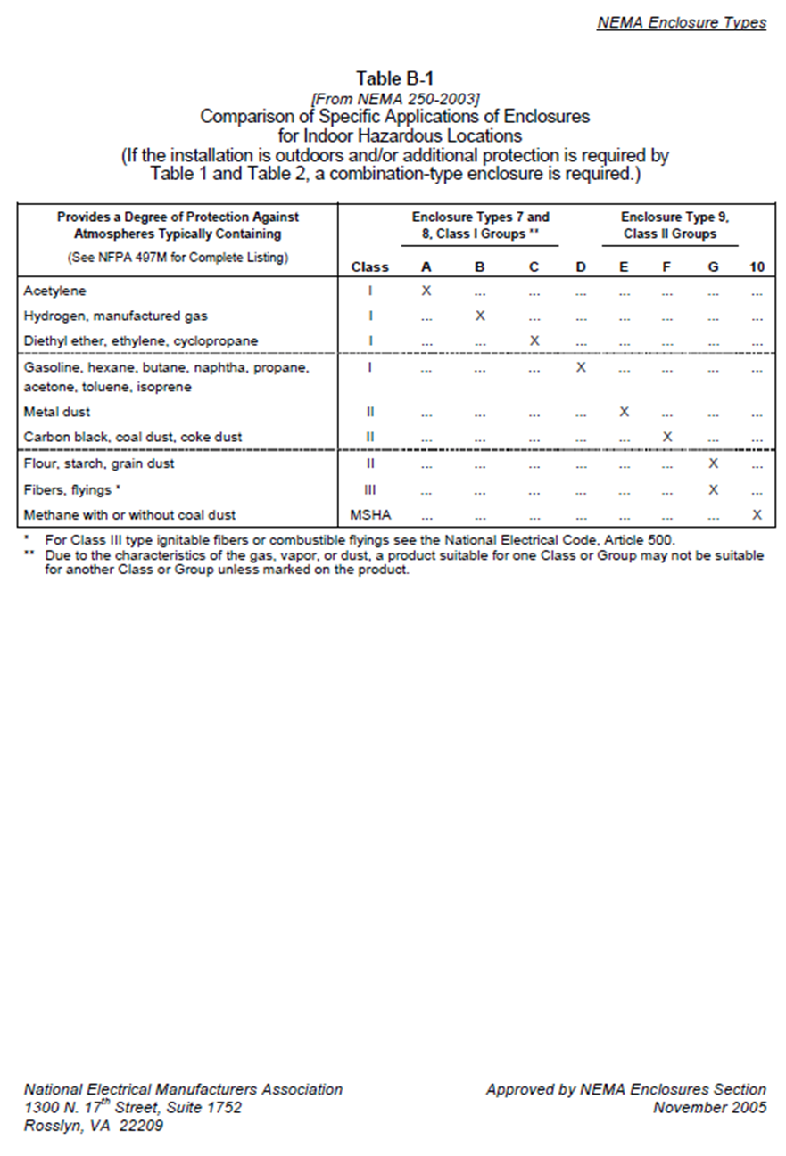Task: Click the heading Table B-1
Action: point(394,78)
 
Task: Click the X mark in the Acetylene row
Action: point(426,291)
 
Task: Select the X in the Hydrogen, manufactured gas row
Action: point(480,316)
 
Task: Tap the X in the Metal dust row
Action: point(625,412)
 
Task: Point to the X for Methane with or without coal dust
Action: point(757,514)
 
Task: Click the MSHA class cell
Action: point(370,515)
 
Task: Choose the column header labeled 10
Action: point(757,266)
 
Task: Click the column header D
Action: point(581,266)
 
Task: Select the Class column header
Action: point(370,266)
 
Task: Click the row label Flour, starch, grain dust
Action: point(99,463)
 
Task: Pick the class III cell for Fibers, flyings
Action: point(370,489)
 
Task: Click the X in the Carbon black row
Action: point(666,437)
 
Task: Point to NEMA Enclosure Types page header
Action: point(682,22)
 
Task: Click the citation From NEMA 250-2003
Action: point(394,99)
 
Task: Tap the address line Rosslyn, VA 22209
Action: point(94,1125)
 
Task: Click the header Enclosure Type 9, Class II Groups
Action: point(669,225)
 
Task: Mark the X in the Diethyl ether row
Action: point(534,340)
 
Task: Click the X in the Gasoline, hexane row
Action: point(581,367)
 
